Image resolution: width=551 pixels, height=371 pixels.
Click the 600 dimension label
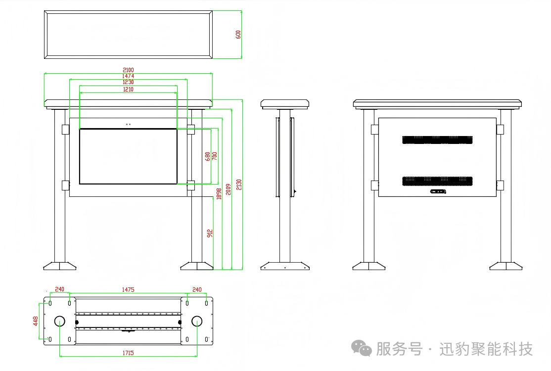[x=238, y=35]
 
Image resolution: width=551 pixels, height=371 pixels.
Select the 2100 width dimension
[x=128, y=70]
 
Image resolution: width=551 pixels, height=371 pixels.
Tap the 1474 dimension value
[x=128, y=76]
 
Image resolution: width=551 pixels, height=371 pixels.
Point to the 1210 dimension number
[x=128, y=90]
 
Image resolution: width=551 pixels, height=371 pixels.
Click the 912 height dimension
[x=210, y=233]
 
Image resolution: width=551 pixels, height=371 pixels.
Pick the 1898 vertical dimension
[x=218, y=193]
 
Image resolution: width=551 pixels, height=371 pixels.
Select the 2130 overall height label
[x=239, y=185]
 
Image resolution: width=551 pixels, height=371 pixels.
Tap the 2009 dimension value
[x=228, y=189]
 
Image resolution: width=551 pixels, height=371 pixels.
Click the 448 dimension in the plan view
[x=36, y=321]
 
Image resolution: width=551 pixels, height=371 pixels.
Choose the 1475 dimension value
[x=128, y=289]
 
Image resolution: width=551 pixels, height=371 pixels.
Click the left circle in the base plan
[x=59, y=321]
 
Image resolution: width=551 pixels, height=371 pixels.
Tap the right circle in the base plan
[x=197, y=321]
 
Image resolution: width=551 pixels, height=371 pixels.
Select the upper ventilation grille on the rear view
[x=437, y=140]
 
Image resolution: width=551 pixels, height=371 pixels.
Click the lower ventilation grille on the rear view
[x=437, y=181]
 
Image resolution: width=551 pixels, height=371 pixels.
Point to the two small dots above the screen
[x=128, y=124]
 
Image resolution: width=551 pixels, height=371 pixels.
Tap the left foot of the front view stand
[x=59, y=266]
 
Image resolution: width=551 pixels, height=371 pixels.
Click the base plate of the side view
[x=285, y=267]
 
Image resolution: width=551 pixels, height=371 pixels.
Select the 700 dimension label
[x=214, y=156]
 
